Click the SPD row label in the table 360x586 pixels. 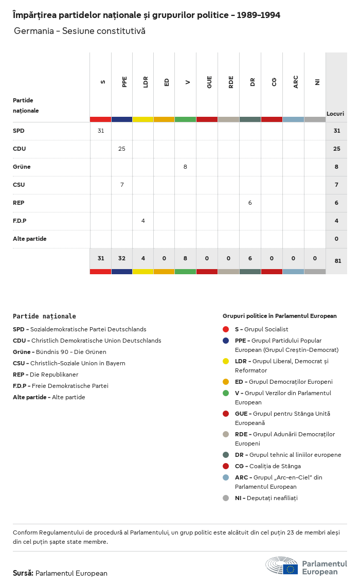(x=19, y=131)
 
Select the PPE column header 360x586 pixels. (x=124, y=82)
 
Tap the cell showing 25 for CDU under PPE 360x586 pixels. (x=122, y=149)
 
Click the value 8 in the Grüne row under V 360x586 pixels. (x=185, y=167)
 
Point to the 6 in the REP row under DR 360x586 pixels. (x=250, y=203)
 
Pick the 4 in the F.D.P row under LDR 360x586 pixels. (x=143, y=221)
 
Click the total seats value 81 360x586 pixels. (x=337, y=261)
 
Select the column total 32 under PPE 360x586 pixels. (x=122, y=259)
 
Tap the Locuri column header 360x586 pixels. (x=335, y=113)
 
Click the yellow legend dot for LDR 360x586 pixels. (x=226, y=361)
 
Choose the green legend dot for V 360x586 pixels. (x=226, y=393)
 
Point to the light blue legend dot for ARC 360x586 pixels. (x=226, y=477)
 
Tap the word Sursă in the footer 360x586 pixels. (x=23, y=573)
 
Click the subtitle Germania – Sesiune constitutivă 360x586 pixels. (x=80, y=31)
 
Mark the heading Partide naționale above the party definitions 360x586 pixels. (x=44, y=316)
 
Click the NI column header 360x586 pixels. (x=317, y=82)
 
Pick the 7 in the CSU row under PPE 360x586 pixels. (x=122, y=185)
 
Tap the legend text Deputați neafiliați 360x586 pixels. (x=273, y=498)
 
